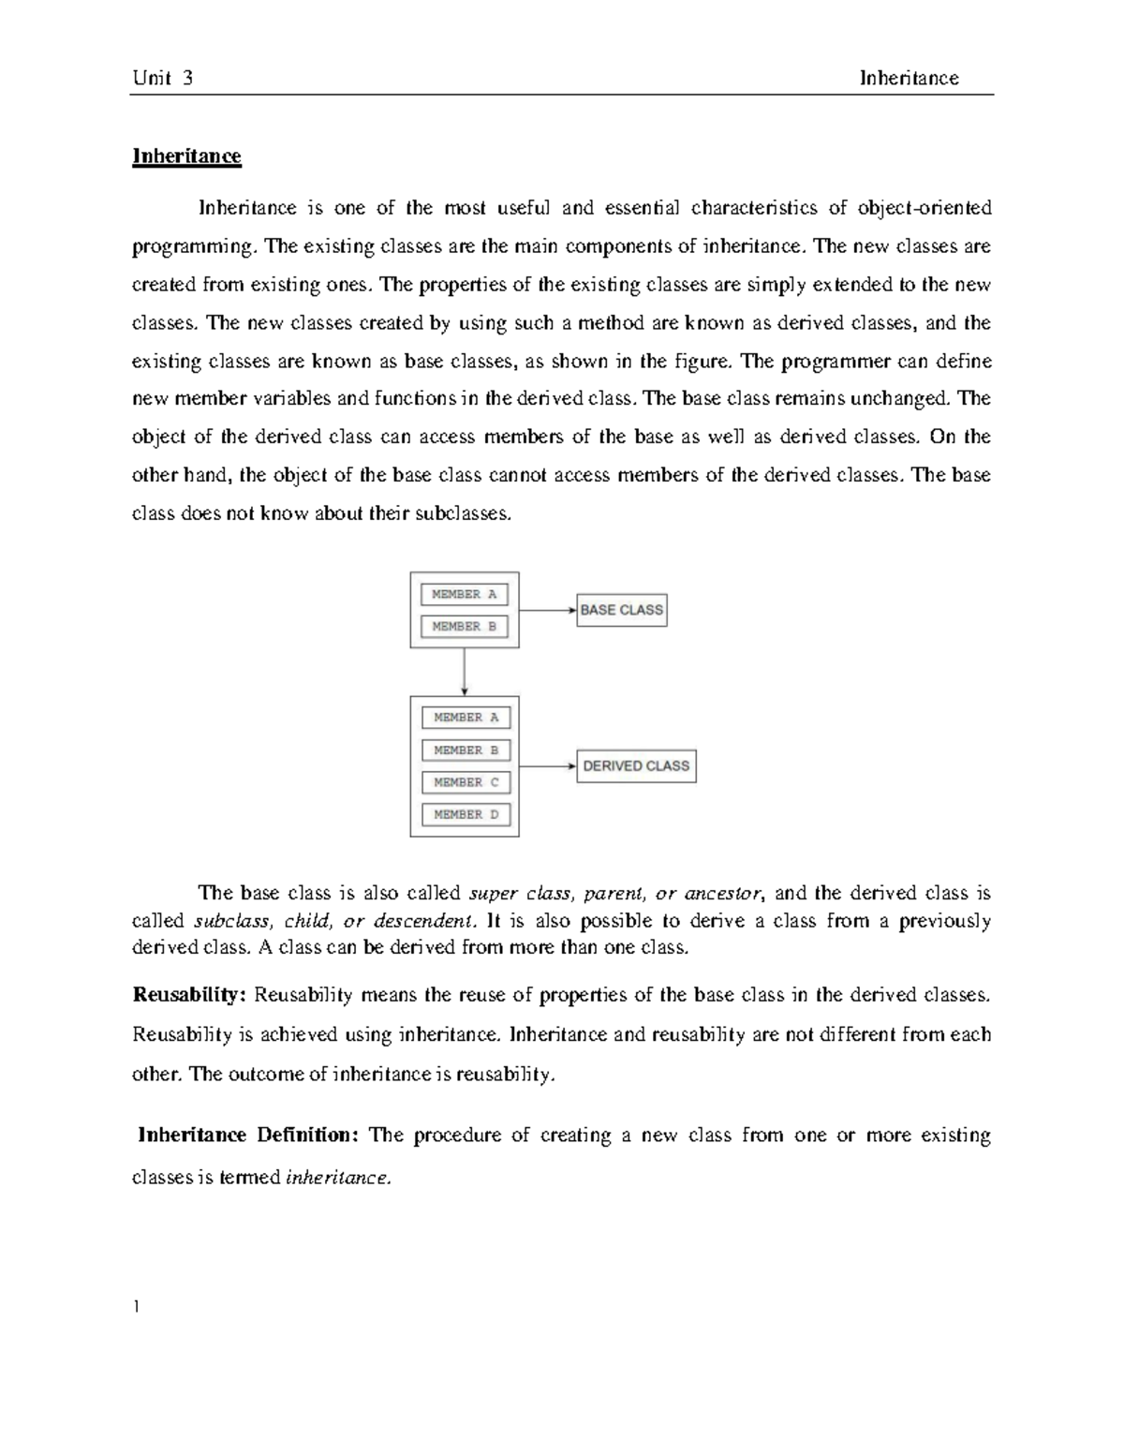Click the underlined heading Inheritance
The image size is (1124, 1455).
[186, 156]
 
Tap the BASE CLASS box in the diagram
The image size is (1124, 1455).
[621, 610]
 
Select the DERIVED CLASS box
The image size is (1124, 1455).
[636, 766]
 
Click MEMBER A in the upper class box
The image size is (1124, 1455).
[465, 594]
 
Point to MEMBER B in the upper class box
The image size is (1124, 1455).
[465, 627]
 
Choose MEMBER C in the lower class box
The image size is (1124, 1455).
[466, 782]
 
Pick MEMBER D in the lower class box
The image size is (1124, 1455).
[466, 815]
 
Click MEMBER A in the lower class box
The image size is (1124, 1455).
[466, 718]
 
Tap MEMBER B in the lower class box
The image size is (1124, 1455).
[466, 750]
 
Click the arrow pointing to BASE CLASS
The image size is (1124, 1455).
[547, 610]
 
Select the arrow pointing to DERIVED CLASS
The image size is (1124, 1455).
[547, 766]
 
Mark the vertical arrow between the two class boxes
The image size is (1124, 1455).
[465, 672]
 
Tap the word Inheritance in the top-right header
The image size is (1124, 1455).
[909, 78]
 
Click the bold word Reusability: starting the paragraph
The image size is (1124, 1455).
[189, 995]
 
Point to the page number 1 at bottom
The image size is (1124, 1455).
[136, 1307]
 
